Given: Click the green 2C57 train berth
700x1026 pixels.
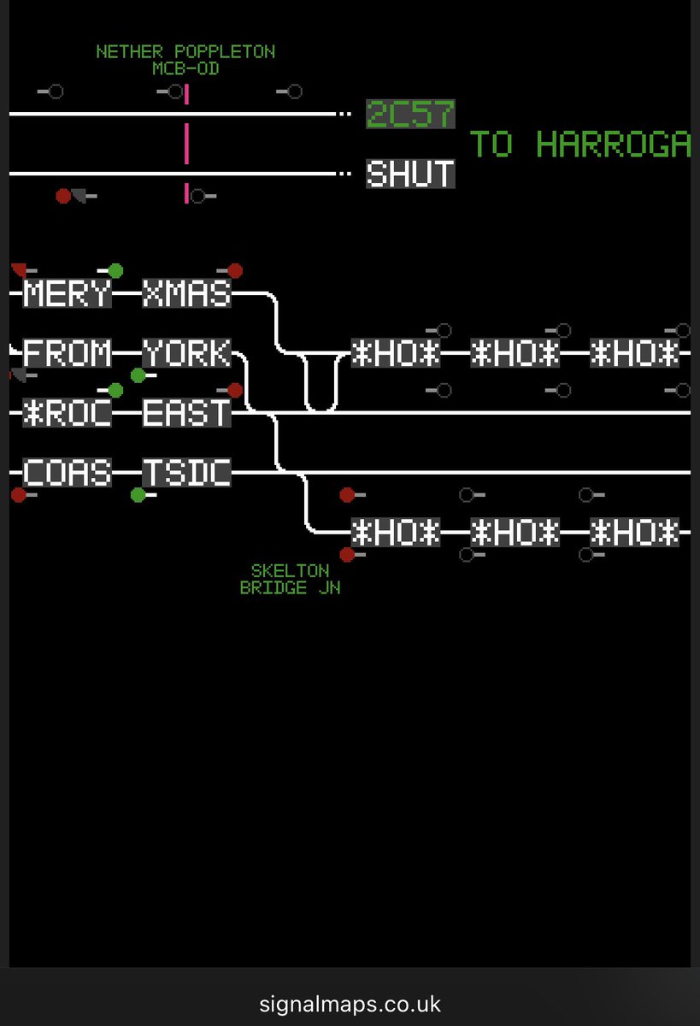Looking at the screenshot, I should tap(410, 115).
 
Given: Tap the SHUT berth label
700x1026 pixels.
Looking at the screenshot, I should tap(410, 174).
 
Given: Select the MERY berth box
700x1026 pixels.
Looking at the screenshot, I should tap(68, 294).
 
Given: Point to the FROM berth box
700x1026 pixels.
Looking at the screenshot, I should tap(68, 353).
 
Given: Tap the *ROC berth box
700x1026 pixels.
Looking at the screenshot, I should tap(68, 414).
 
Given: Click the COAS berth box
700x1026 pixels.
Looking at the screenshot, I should tap(68, 473).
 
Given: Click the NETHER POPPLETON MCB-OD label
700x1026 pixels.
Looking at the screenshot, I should tap(185, 60).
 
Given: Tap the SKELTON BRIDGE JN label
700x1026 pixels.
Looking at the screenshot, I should tap(290, 579).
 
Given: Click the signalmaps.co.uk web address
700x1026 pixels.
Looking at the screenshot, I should tap(350, 1003).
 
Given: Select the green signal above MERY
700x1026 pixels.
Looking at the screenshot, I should tap(115, 271).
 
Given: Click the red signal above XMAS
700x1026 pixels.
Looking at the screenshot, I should tap(235, 271).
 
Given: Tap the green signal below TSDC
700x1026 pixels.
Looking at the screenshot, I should tap(138, 495).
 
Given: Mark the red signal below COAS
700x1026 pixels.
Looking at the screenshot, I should tap(18, 495).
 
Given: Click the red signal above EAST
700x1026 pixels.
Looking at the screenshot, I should tap(235, 391).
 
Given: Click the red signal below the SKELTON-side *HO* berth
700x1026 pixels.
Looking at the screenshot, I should tap(346, 555).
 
